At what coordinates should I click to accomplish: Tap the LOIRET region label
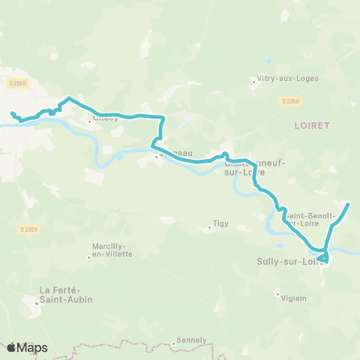tap(312, 126)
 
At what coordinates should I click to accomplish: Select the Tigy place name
tap(220, 223)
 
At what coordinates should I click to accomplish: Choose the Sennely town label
tap(192, 340)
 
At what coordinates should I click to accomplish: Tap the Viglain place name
tap(294, 298)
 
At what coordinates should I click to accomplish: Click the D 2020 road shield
tap(28, 229)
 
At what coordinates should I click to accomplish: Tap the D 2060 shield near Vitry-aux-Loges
tap(291, 100)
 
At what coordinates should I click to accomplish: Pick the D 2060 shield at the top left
tap(19, 82)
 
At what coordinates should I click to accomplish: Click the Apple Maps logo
tap(27, 347)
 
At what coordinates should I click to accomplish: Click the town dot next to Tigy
tap(209, 227)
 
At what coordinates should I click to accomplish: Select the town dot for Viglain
tap(277, 293)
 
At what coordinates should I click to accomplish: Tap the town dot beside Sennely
tap(174, 343)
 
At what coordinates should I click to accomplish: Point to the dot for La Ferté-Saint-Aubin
tap(37, 303)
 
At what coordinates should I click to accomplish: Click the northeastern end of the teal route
tap(348, 203)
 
